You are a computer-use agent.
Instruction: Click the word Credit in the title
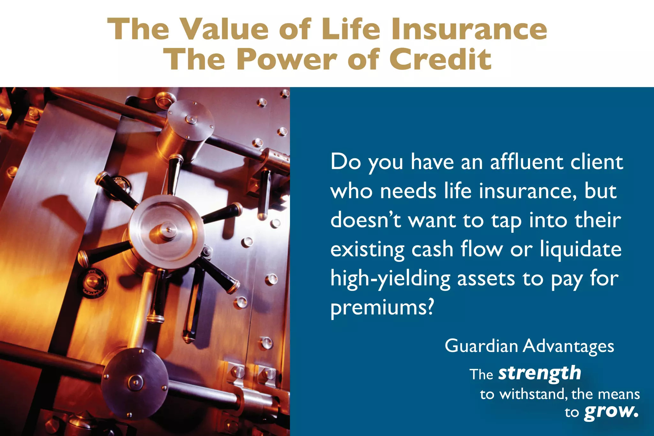click(440, 59)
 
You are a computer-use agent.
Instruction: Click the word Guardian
click(481, 346)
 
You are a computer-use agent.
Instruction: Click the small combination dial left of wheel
click(93, 282)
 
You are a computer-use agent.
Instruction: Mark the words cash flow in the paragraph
click(457, 250)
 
